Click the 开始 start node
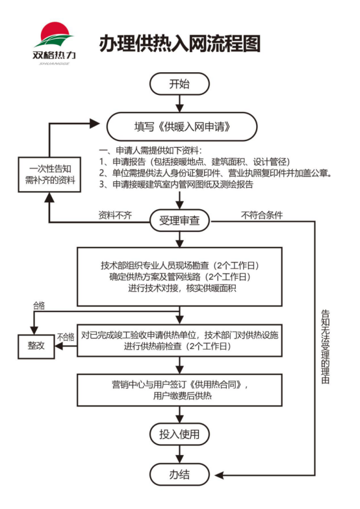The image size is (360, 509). [179, 84]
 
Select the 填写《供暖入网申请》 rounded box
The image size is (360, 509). [182, 127]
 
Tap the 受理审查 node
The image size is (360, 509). [179, 221]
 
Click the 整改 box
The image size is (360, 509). [36, 346]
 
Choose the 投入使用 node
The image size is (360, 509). [179, 434]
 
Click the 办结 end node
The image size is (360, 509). [179, 475]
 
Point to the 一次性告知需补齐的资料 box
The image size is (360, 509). [49, 174]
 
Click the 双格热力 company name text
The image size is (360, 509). [54, 55]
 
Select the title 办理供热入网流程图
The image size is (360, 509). [180, 44]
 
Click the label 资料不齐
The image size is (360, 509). [115, 215]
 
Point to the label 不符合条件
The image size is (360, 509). [262, 215]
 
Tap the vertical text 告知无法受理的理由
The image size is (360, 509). [326, 346]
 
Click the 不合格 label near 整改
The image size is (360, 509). [66, 337]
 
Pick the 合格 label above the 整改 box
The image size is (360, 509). [39, 306]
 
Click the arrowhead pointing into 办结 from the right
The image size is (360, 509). [219, 475]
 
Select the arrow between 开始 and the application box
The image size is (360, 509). [179, 103]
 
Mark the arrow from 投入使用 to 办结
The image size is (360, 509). [179, 454]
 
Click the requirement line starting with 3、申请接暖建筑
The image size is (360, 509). [176, 185]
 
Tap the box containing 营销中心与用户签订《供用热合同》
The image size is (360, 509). [179, 390]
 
